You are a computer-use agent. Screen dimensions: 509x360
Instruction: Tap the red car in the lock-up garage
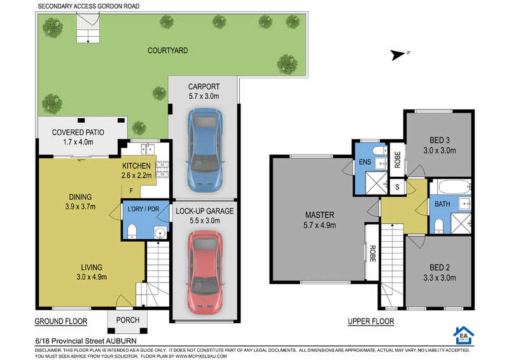[x=204, y=273]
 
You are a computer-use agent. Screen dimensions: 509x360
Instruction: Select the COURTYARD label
[x=167, y=51]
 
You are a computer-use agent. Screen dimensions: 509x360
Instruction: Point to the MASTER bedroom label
[x=319, y=215]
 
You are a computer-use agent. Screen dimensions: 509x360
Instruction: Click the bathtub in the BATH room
[x=454, y=187]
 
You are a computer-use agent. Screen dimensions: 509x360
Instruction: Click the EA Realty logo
[x=464, y=335]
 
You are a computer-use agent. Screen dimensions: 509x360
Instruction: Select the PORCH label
[x=128, y=320]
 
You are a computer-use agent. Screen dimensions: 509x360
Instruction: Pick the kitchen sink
[x=148, y=149]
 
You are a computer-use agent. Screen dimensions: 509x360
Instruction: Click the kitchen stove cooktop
[x=162, y=169]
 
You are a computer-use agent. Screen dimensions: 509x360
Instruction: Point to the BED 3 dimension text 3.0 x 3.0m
[x=440, y=151]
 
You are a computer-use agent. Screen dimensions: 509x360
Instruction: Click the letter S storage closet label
[x=397, y=187]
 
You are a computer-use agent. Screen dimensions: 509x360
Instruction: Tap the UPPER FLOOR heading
[x=371, y=321]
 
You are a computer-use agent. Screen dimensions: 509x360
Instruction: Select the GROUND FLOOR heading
[x=61, y=321]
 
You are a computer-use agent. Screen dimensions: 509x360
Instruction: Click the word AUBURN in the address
[x=121, y=341]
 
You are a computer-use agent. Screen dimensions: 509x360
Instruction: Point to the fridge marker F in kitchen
[x=131, y=191]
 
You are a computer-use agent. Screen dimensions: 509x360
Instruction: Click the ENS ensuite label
[x=365, y=162]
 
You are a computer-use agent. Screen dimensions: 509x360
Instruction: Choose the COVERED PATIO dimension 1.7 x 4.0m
[x=78, y=142]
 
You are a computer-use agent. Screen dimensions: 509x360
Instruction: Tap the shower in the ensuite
[x=377, y=183]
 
